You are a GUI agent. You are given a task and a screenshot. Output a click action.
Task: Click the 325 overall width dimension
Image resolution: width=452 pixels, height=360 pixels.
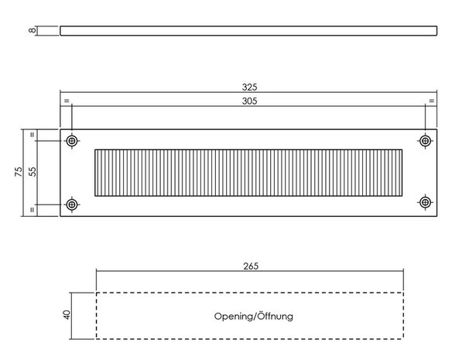[249, 87]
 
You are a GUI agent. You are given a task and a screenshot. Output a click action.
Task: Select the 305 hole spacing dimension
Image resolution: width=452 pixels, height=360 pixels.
[249, 101]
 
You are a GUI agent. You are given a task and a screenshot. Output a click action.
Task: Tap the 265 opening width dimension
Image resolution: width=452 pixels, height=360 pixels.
[251, 266]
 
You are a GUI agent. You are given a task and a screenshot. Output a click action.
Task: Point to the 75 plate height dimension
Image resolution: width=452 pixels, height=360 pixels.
[18, 172]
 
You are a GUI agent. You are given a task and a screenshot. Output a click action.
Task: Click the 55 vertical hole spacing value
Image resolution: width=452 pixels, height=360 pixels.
[33, 172]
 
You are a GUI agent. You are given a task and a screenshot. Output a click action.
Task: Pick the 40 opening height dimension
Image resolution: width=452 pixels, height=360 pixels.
[67, 315]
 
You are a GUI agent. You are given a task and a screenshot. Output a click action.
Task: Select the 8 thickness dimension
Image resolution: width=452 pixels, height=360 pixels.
[33, 30]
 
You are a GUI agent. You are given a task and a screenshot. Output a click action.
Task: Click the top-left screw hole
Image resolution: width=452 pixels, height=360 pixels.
[72, 141]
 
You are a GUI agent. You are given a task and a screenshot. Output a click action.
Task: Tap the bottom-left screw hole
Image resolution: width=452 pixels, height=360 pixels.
[72, 204]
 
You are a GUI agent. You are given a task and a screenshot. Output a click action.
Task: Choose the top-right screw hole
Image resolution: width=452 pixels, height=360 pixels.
[425, 141]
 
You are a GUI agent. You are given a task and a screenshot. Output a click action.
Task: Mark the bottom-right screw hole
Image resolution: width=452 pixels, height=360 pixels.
[425, 202]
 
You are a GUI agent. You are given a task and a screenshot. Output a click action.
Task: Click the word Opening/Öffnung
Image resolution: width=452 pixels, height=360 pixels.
[254, 317]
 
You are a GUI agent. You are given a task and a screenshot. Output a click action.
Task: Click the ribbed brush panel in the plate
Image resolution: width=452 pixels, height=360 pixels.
[248, 173]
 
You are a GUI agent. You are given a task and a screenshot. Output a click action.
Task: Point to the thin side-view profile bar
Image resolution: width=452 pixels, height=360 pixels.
[248, 31]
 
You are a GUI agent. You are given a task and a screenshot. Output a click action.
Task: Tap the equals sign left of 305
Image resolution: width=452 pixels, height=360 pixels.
[67, 101]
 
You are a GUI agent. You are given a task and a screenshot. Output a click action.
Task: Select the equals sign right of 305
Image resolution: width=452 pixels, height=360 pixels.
[431, 101]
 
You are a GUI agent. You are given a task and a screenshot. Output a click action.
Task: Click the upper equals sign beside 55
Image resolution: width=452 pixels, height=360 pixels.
[33, 135]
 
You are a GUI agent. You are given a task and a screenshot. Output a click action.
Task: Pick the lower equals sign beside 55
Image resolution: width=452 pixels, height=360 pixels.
[33, 210]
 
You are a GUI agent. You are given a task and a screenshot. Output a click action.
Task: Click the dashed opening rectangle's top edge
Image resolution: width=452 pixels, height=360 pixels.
[250, 293]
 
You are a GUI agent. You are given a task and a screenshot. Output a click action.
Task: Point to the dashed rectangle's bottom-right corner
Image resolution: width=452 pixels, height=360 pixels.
[403, 338]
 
